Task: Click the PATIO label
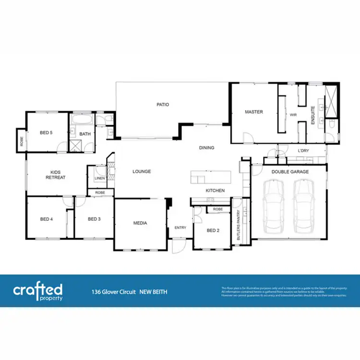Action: click(163, 104)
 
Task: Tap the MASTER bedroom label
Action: click(254, 112)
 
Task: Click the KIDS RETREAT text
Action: click(55, 174)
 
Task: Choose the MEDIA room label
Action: click(140, 223)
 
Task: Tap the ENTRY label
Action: click(180, 228)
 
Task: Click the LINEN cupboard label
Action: click(100, 179)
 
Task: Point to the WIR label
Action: click(293, 115)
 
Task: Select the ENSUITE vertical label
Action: click(312, 115)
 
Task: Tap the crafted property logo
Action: click(37, 291)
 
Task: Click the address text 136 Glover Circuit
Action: click(113, 291)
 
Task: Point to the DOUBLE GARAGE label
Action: click(290, 172)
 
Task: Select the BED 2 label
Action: click(212, 230)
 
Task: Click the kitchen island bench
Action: click(210, 177)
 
